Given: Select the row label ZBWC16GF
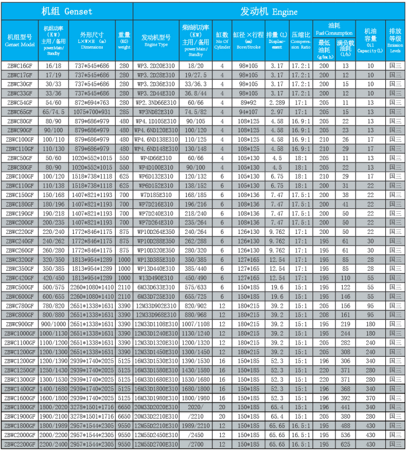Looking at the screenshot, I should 20,65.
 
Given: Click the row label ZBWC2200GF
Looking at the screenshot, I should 20,444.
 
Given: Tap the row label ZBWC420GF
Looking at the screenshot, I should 20,277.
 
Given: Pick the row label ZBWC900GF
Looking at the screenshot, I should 20,324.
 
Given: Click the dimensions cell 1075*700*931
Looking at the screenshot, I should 92,112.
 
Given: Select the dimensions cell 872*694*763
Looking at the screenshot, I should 92,103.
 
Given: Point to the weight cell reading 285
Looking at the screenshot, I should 124,112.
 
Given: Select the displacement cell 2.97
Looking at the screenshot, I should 277,112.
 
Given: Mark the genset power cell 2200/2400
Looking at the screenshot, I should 53,444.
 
